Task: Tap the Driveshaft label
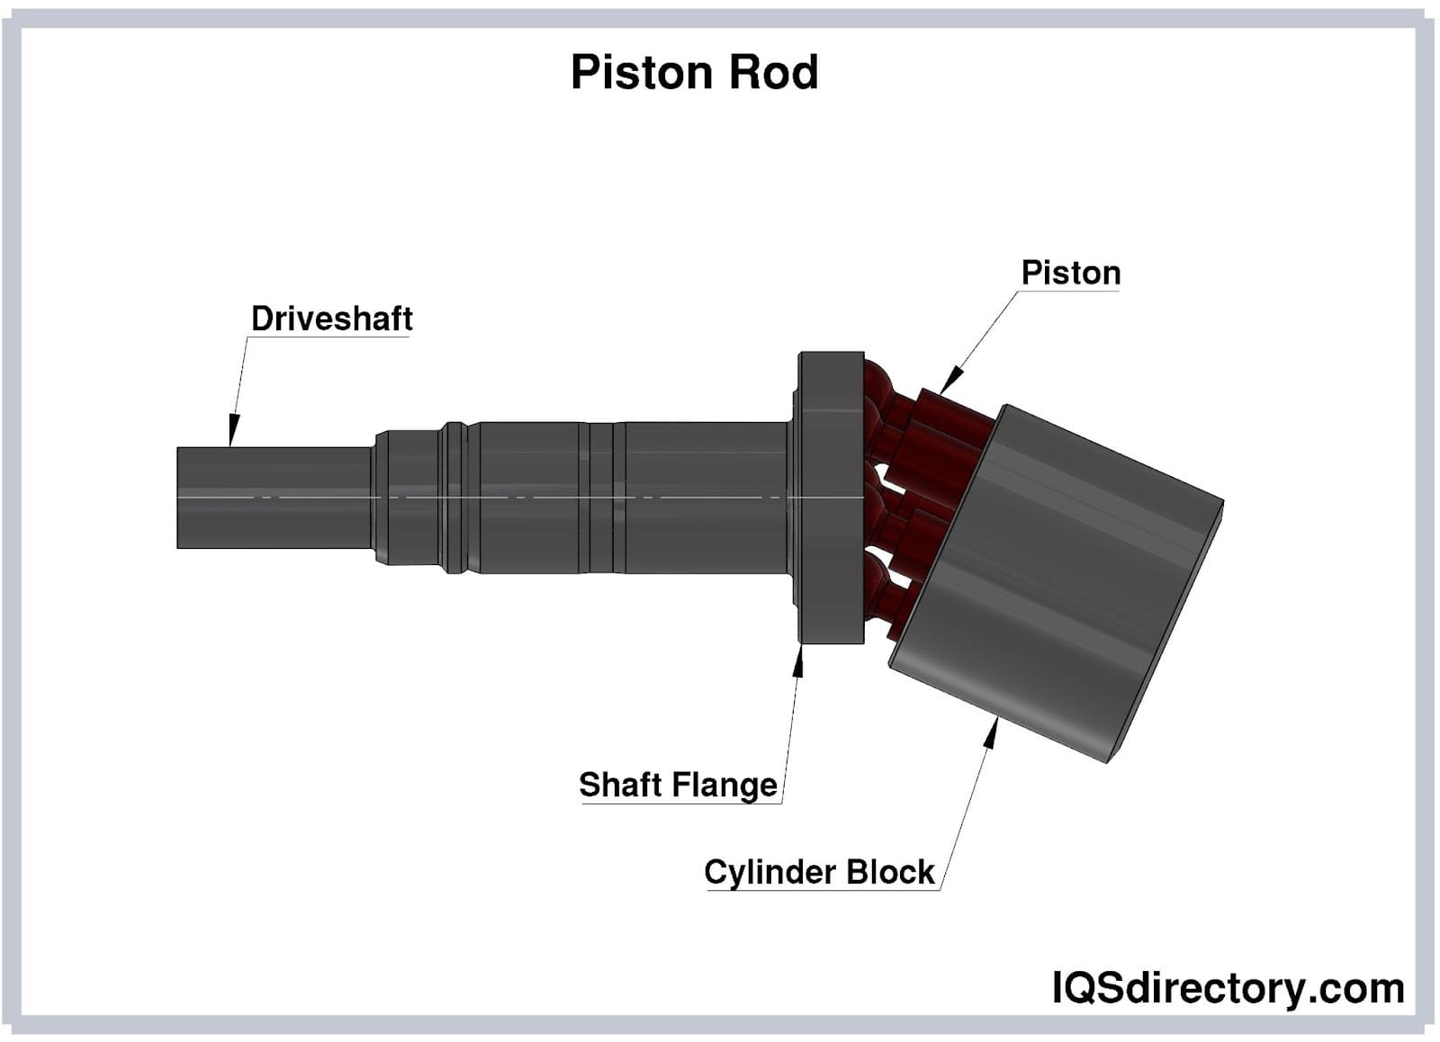pyautogui.click(x=331, y=319)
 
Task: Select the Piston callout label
pyautogui.click(x=1070, y=273)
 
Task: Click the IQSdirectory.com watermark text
pyautogui.click(x=1228, y=988)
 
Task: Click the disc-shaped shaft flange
pyautogui.click(x=831, y=498)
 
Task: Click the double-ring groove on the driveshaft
pyautogui.click(x=453, y=498)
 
